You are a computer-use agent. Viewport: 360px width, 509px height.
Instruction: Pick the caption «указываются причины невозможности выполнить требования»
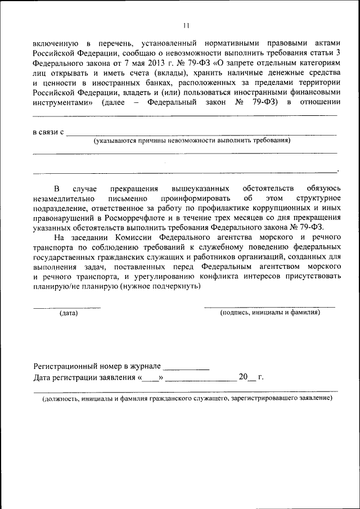(x=192, y=141)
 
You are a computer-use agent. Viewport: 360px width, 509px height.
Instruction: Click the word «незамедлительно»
(x=66, y=199)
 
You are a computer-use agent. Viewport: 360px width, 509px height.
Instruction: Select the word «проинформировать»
(x=195, y=199)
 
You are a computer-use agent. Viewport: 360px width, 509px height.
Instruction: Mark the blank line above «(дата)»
(x=67, y=307)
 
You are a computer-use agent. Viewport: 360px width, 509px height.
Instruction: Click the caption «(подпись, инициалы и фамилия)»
(x=270, y=312)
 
